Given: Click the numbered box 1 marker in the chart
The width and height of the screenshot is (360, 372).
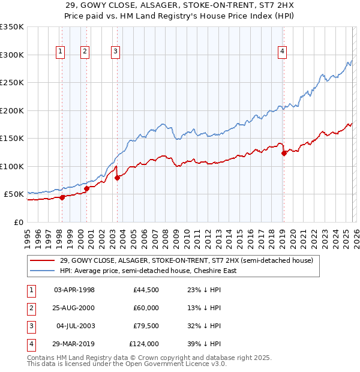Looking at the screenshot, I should point(61,52).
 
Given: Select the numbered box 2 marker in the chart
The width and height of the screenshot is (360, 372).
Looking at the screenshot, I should point(85,52).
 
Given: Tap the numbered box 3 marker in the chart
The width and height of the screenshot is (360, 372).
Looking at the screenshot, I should point(115,52).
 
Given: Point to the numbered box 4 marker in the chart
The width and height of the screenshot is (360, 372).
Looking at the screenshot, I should point(281,52).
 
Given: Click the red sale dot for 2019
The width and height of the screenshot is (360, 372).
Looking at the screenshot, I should point(284,153).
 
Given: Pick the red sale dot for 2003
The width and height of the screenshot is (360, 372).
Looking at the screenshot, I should point(118,178).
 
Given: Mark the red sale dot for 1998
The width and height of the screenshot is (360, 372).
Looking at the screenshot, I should point(62,197).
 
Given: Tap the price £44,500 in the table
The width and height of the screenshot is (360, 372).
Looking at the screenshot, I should point(146,290).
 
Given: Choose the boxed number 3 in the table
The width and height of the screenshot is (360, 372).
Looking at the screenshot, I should point(31,326).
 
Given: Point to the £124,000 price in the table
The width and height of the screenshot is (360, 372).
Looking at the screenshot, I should point(144,344).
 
